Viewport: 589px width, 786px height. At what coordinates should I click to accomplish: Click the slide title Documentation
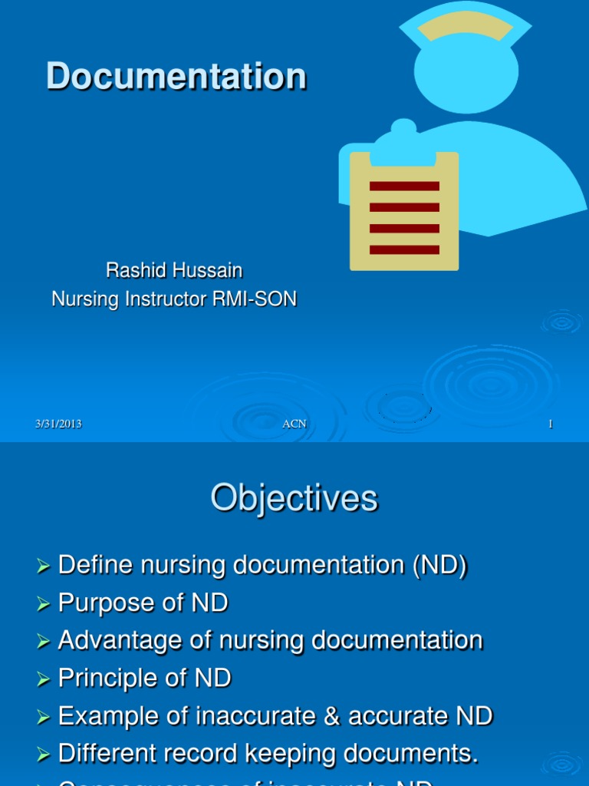pos(176,77)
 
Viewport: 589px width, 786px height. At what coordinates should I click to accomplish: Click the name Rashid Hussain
pos(174,270)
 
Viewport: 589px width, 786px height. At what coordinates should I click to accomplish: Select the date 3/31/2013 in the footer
pos(58,424)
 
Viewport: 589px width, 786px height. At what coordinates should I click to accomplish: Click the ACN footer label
pos(294,424)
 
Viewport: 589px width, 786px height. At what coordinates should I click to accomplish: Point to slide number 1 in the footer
pos(550,424)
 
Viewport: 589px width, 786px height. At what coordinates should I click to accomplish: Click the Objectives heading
pos(294,498)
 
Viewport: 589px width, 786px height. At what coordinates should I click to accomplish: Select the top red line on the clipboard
pos(404,186)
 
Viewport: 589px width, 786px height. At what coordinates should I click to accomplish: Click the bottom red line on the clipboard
pos(404,249)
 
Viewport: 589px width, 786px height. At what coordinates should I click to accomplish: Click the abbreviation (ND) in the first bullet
pos(440,566)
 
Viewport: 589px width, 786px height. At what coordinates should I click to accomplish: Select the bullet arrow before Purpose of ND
pos(43,605)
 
